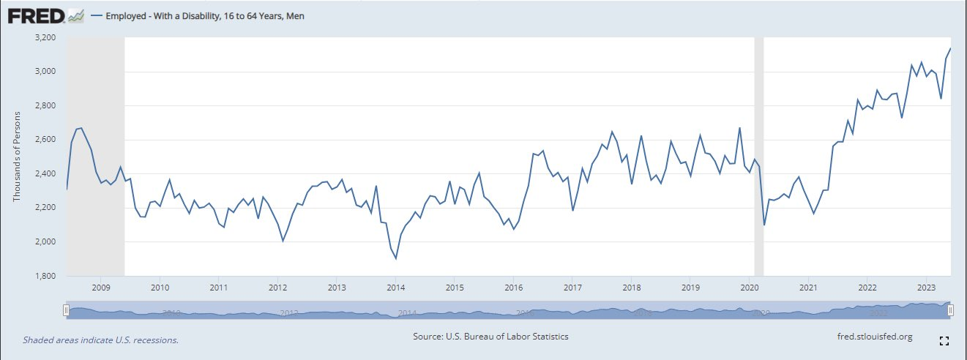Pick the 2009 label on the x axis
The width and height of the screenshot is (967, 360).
point(101,287)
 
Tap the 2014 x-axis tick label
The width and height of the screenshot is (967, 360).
point(395,287)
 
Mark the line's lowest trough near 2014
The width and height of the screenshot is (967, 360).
point(396,258)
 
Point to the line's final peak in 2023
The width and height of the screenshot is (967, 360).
point(950,49)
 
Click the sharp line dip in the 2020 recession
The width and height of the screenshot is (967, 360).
point(764,225)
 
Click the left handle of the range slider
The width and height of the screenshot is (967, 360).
point(66,310)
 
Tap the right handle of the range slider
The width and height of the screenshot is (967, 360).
point(950,310)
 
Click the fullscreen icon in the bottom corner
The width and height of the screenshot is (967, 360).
point(944,341)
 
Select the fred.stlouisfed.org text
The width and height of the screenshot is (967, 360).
point(874,337)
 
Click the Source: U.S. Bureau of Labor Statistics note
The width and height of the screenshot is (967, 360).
point(490,337)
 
